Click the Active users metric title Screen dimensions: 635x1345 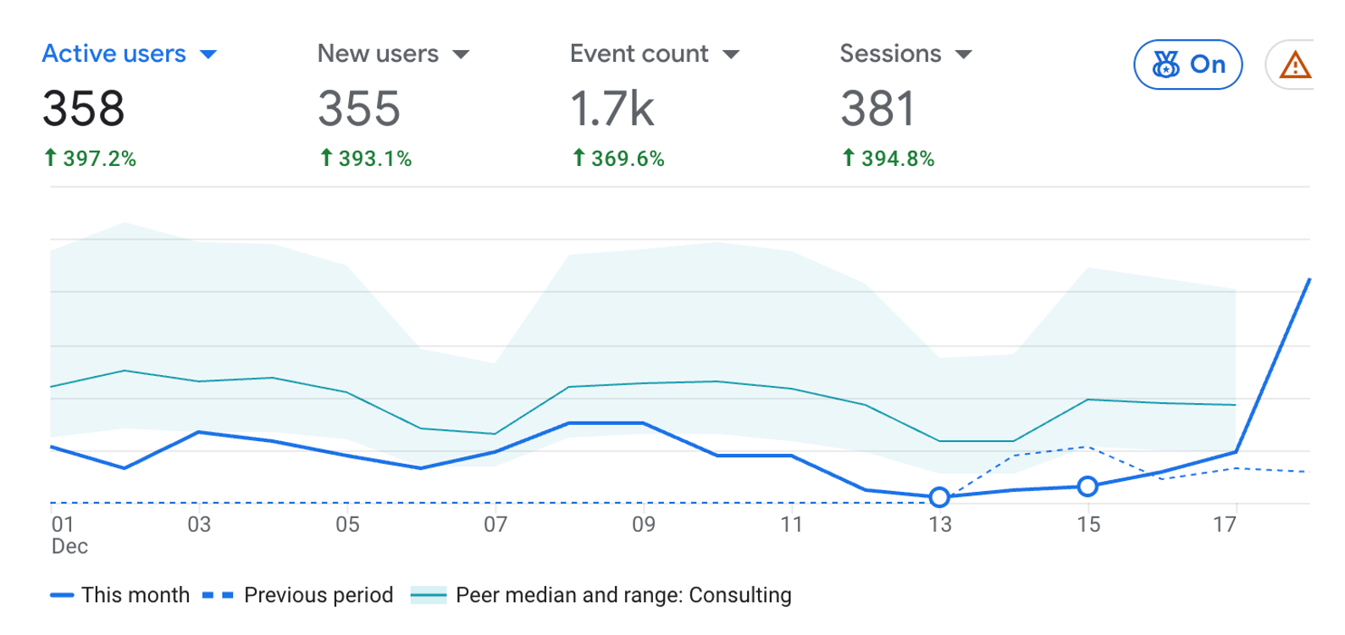(113, 54)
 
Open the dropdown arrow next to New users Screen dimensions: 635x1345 (461, 55)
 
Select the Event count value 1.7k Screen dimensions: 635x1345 (612, 109)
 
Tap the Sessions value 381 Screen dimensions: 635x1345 (877, 109)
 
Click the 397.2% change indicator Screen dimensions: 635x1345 (90, 158)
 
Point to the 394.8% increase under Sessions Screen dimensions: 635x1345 (888, 158)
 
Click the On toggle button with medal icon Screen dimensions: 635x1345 (1187, 64)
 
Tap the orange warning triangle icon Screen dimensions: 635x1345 (1294, 65)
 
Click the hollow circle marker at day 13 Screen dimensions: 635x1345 (938, 497)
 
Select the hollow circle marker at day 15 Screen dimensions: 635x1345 (1088, 486)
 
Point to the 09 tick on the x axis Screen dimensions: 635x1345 (644, 525)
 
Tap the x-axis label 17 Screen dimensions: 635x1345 (1225, 525)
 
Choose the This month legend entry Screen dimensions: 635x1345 (119, 595)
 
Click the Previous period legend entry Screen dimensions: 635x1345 (298, 595)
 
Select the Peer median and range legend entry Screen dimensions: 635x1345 (601, 595)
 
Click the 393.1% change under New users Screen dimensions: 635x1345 (366, 158)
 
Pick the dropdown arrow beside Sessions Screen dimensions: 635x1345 (963, 55)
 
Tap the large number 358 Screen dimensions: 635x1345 (83, 109)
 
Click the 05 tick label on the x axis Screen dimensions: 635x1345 (347, 525)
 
